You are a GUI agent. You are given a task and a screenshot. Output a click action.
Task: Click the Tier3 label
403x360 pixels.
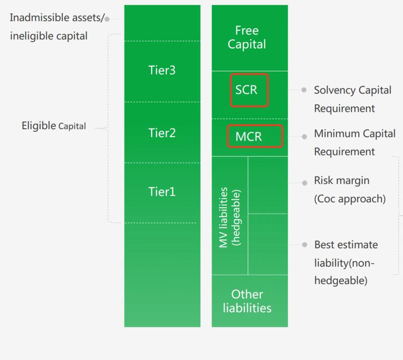coord(162,70)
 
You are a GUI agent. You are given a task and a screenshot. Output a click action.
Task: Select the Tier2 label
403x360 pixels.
coord(162,133)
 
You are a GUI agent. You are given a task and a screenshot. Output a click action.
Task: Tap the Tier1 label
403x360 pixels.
coord(162,192)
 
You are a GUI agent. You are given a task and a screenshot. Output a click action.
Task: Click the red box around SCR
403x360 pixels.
coord(249,90)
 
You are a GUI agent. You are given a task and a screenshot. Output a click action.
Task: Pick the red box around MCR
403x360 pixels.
coord(255,136)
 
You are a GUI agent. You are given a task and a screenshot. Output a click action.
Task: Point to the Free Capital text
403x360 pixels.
coord(247,37)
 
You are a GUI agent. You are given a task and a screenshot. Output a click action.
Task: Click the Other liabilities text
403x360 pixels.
coord(247,301)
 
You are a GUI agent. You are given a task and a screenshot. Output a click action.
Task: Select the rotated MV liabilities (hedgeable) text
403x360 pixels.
coord(230,217)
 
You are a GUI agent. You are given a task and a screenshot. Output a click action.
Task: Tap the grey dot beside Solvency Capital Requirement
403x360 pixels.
coord(304,90)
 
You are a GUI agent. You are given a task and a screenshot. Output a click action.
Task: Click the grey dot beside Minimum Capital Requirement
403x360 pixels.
coord(304,137)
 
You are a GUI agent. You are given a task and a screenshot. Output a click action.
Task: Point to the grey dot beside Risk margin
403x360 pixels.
coord(305,183)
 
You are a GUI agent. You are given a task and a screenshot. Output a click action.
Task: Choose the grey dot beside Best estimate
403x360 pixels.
coord(305,245)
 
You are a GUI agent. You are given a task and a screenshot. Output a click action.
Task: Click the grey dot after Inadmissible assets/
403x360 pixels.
coord(107,19)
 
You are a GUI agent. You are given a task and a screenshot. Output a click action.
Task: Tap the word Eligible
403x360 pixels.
coord(39,126)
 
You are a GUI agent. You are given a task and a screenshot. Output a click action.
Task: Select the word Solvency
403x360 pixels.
coord(334,90)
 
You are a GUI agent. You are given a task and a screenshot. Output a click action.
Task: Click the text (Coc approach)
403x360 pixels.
coord(350,199)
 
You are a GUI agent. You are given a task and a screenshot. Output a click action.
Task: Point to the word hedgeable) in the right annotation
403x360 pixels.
coord(341,280)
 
